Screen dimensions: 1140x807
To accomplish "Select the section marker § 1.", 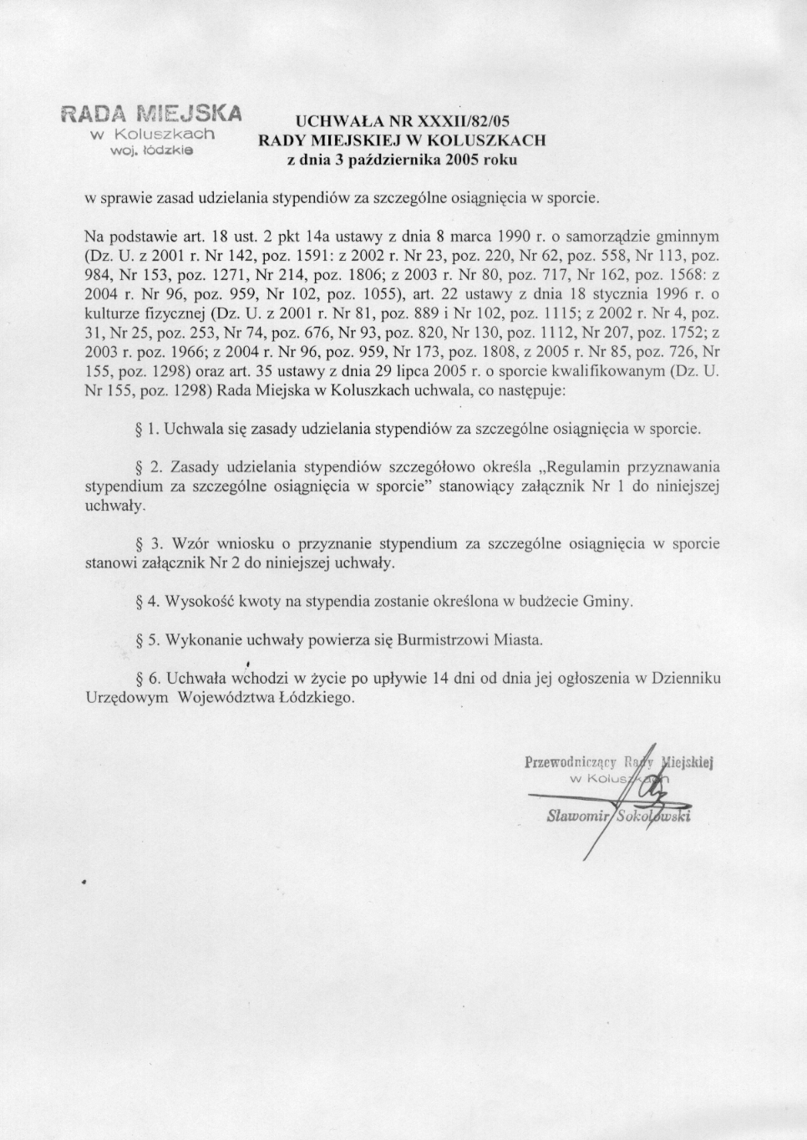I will [x=146, y=430].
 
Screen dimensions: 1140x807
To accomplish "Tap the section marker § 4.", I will [x=146, y=601].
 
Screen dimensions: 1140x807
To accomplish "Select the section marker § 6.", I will [x=146, y=679].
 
